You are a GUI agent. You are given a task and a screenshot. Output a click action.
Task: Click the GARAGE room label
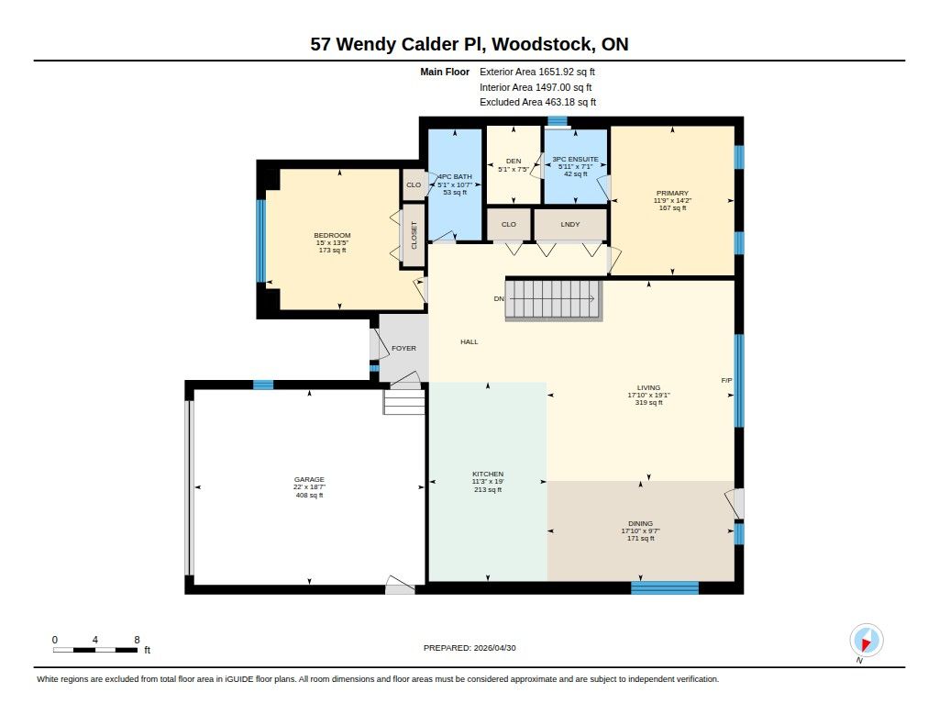[x=309, y=480]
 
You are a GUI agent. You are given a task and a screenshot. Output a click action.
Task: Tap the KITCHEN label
[x=488, y=475]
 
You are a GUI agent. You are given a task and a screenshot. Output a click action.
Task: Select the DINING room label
[x=640, y=523]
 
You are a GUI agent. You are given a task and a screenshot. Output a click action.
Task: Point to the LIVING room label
[x=648, y=388]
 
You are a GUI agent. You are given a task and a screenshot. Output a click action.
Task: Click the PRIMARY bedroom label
[x=672, y=193]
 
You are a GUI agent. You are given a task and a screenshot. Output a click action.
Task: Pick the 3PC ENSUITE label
[x=575, y=159]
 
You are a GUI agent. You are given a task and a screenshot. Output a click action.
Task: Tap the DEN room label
[x=514, y=162]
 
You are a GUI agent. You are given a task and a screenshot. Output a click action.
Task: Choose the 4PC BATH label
[x=455, y=177]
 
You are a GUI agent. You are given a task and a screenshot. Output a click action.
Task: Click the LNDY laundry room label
[x=570, y=224]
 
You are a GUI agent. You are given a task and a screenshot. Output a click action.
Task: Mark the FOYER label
[x=403, y=348]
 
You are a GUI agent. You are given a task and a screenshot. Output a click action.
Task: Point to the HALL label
[x=469, y=341]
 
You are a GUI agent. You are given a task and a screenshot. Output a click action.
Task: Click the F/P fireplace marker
[x=726, y=381]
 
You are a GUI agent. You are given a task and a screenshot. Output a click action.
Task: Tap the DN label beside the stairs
[x=499, y=298]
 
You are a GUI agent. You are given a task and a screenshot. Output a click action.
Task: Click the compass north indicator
[x=866, y=641]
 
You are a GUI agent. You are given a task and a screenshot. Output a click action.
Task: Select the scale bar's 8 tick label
[x=138, y=640]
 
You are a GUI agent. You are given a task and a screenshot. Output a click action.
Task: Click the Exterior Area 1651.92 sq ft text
[x=537, y=72]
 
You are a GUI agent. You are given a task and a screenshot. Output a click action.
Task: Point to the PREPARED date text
[x=469, y=648]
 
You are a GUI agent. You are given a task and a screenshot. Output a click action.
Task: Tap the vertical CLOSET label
[x=414, y=235]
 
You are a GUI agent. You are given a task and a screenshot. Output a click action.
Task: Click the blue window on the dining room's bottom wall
[x=665, y=587]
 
